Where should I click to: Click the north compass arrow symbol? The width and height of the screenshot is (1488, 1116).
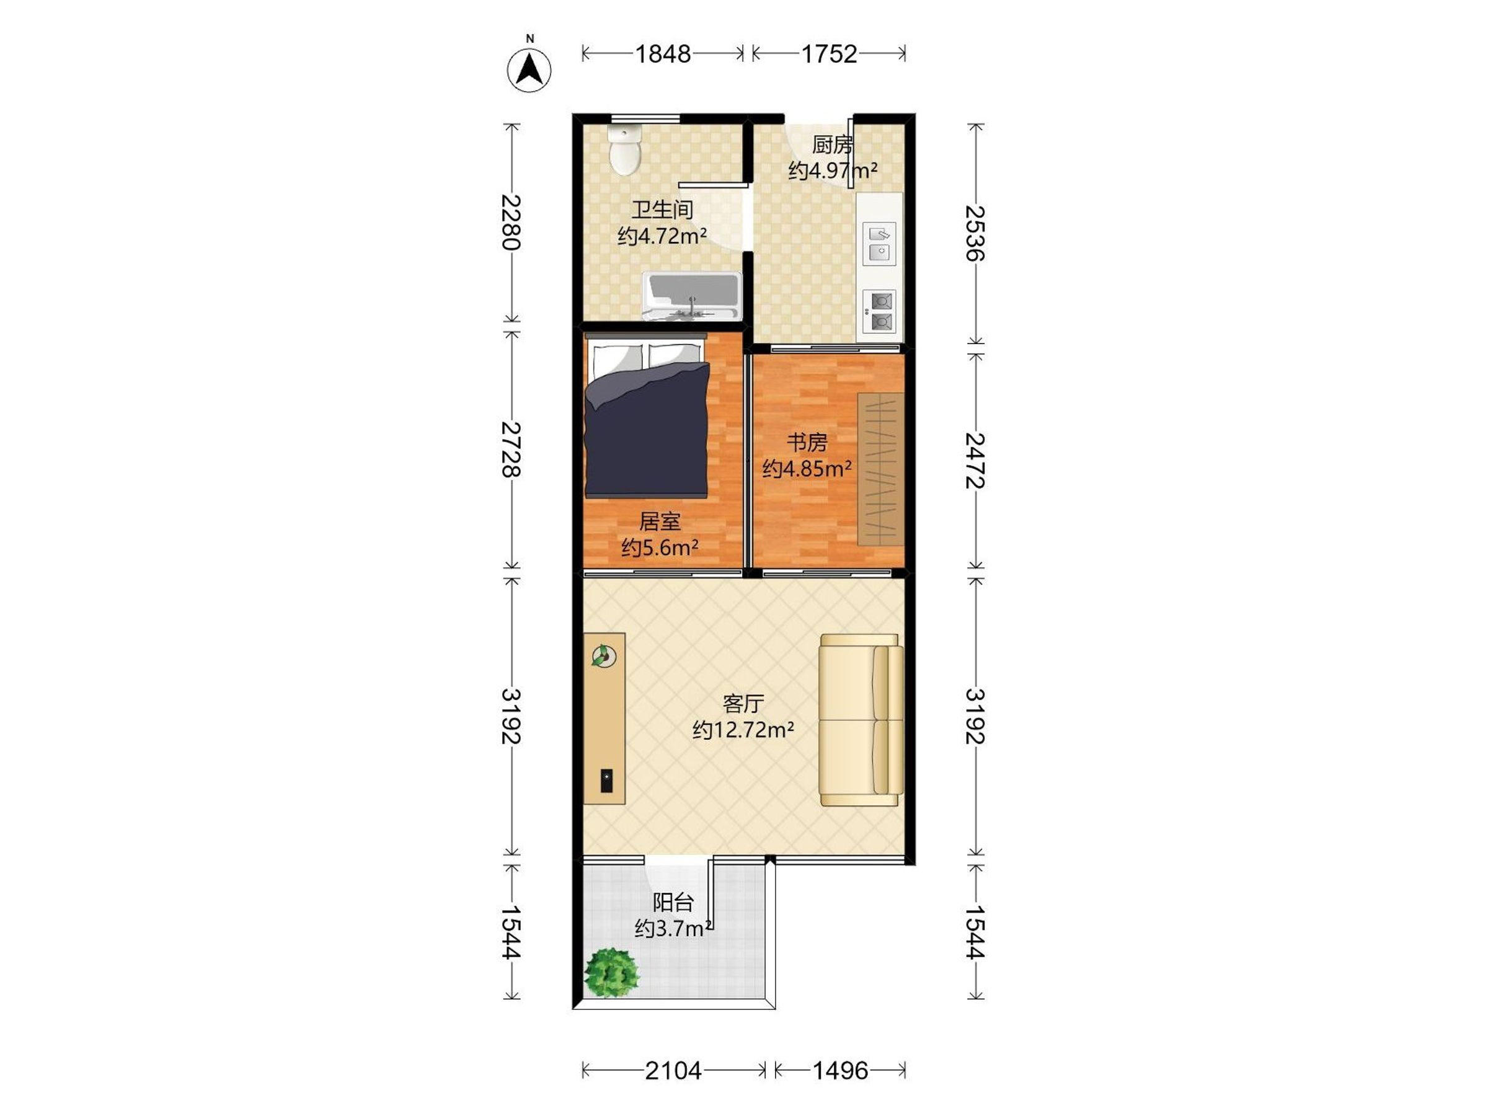click(529, 70)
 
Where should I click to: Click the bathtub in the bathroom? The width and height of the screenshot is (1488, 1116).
click(691, 296)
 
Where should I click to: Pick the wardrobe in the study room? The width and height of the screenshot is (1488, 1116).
click(880, 469)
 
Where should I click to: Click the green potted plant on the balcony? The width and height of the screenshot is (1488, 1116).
click(611, 973)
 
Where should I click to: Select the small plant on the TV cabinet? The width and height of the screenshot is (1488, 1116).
click(603, 655)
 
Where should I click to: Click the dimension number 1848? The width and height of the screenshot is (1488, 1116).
click(663, 54)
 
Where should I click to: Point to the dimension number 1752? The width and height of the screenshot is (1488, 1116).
click(829, 54)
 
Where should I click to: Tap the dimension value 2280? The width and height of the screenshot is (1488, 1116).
click(512, 222)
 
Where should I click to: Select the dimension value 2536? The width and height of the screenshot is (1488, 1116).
click(975, 232)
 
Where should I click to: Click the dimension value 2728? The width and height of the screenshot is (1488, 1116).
click(512, 449)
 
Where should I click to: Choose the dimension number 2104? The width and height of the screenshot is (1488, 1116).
click(673, 1070)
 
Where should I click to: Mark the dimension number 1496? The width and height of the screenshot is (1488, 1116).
click(840, 1070)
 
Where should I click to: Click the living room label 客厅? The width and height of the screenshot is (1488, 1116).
click(743, 704)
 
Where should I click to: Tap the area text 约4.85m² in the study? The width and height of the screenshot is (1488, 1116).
click(807, 468)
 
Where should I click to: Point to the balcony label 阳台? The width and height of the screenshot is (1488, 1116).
click(673, 903)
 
